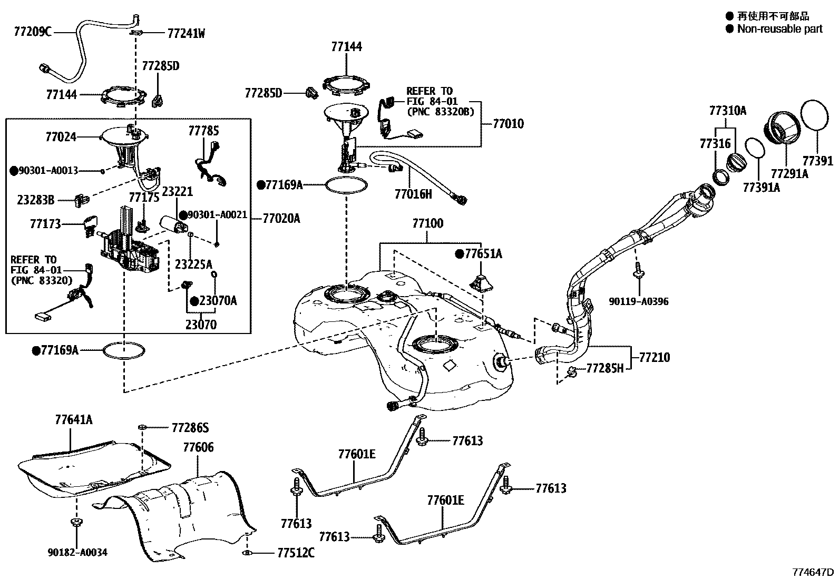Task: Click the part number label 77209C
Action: tap(33, 32)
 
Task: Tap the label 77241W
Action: tap(186, 34)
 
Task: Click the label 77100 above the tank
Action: tap(427, 223)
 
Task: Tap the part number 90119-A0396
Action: tap(639, 302)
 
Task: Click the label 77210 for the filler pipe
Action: tap(654, 357)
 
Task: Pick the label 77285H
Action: tap(604, 368)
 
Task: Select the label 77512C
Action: tap(296, 553)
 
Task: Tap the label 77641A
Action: tap(73, 419)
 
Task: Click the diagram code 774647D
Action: tap(813, 572)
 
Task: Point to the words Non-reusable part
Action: tap(779, 29)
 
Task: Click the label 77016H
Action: tap(413, 194)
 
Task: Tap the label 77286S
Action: tap(190, 428)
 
